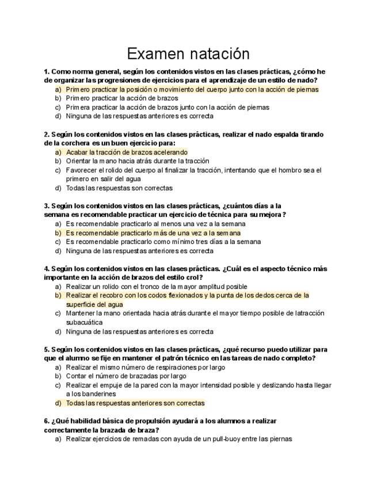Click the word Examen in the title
click(152, 54)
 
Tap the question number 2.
click(46, 134)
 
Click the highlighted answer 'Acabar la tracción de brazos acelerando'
click(127, 152)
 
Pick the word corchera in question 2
click(69, 143)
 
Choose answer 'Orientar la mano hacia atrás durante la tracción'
click(138, 161)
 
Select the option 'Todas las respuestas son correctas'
click(119, 188)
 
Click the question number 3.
click(46, 205)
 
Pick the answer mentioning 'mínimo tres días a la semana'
click(163, 242)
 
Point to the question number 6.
click(46, 421)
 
